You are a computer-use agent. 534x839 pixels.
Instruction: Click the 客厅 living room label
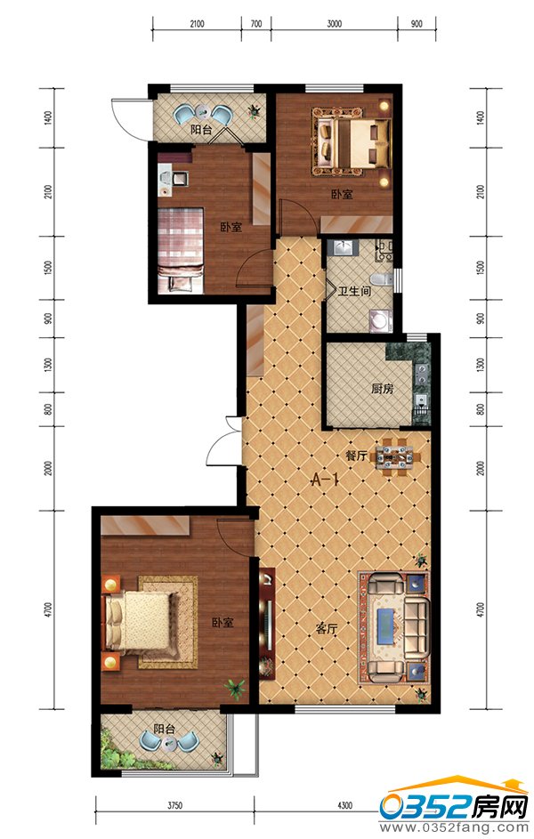point(326,629)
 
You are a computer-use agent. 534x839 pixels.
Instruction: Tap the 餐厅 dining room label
point(356,456)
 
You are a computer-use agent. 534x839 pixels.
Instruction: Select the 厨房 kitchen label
point(382,389)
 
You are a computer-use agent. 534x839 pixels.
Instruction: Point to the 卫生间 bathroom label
point(353,292)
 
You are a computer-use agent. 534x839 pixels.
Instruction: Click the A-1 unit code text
point(326,480)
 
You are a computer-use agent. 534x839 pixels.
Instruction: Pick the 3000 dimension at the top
point(334,23)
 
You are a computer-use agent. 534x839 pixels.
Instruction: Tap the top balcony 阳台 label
point(201,130)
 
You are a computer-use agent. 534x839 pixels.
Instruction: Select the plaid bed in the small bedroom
point(182,250)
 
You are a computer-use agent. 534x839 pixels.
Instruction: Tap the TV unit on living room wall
point(267,622)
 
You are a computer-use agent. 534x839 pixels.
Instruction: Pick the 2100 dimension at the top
point(197,23)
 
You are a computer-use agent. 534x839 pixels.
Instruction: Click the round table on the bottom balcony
point(170,743)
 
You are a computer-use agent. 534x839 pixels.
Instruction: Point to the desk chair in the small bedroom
point(181,178)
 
